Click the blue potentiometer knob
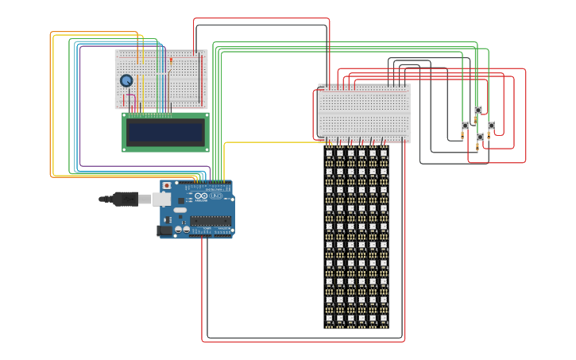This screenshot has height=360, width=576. [126, 80]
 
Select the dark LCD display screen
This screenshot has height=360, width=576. [165, 132]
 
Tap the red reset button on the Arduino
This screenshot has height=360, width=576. [166, 186]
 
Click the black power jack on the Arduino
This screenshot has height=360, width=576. [164, 230]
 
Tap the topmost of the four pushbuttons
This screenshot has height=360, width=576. [477, 110]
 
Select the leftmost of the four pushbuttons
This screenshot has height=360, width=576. [465, 126]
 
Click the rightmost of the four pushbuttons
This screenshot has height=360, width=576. [491, 126]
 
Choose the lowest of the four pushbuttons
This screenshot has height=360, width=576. [480, 137]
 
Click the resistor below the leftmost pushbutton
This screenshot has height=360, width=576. [462, 137]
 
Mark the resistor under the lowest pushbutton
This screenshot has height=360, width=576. [477, 147]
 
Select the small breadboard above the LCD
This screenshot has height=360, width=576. [161, 79]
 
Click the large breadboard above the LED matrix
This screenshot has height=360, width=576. [364, 112]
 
